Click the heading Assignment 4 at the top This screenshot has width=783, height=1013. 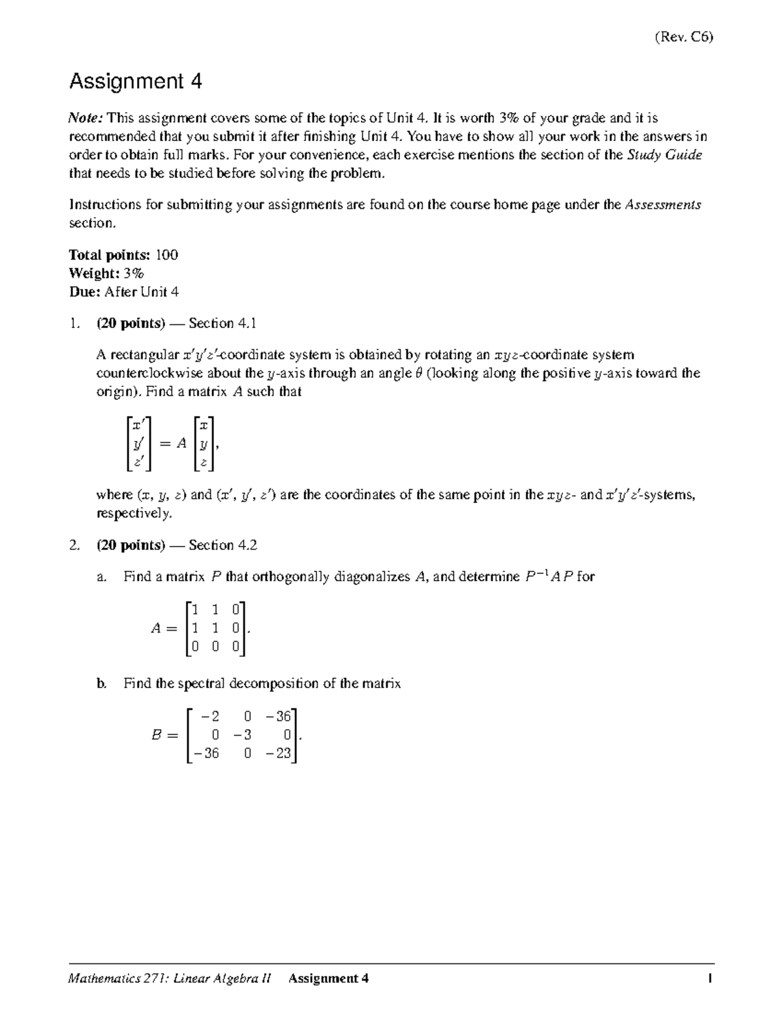135,82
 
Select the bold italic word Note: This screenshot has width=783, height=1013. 86,118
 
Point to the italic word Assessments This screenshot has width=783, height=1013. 663,205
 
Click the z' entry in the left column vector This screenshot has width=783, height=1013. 138,462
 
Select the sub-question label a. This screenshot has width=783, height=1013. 100,577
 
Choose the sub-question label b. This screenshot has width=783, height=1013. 101,684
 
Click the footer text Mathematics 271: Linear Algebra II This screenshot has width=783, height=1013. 170,978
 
